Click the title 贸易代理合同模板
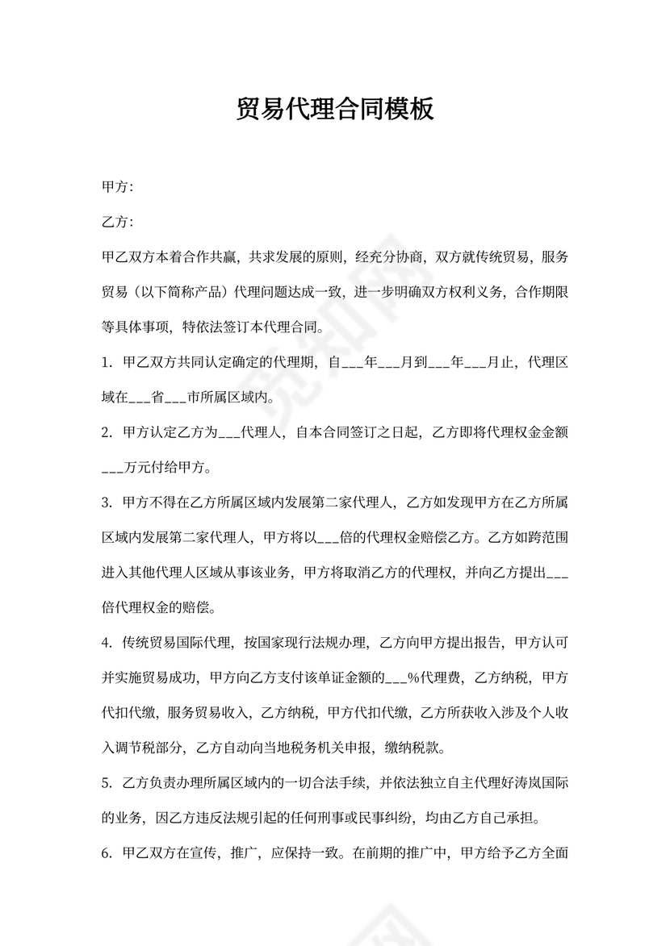click(334, 109)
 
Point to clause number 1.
click(106, 363)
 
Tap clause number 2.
click(106, 433)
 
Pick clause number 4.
click(106, 643)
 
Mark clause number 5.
click(106, 783)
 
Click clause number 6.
click(106, 852)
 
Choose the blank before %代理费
click(394, 678)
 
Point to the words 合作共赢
click(204, 257)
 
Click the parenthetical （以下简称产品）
click(183, 293)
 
